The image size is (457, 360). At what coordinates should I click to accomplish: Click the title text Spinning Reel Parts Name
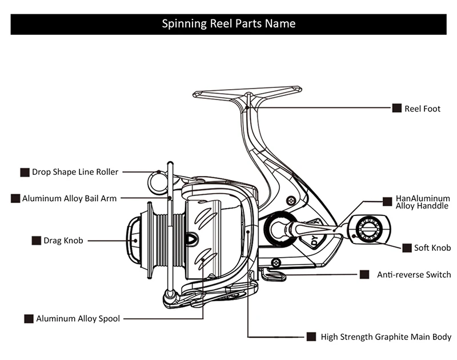[x=228, y=24]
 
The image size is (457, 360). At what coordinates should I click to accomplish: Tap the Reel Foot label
[x=422, y=109]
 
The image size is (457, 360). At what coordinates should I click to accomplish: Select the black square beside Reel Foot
[x=396, y=108]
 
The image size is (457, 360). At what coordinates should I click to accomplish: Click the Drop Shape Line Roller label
[x=75, y=172]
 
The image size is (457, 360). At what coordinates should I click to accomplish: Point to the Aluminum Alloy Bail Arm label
[x=69, y=198]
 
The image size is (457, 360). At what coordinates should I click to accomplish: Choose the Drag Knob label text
[x=63, y=241]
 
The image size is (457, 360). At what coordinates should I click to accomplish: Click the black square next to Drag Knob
[x=36, y=241]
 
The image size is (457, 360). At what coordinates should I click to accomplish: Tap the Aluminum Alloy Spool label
[x=78, y=319]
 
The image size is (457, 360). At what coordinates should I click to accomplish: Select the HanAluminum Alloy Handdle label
[x=422, y=202]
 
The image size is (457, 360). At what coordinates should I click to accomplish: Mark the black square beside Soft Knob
[x=407, y=248]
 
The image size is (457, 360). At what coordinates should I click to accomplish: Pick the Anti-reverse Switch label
[x=414, y=275]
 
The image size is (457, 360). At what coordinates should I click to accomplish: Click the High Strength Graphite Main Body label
[x=386, y=337]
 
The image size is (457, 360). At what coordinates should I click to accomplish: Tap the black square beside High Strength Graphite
[x=311, y=337]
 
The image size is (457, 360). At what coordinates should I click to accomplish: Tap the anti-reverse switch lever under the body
[x=273, y=275]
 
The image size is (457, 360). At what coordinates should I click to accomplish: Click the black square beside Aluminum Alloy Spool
[x=29, y=319]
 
